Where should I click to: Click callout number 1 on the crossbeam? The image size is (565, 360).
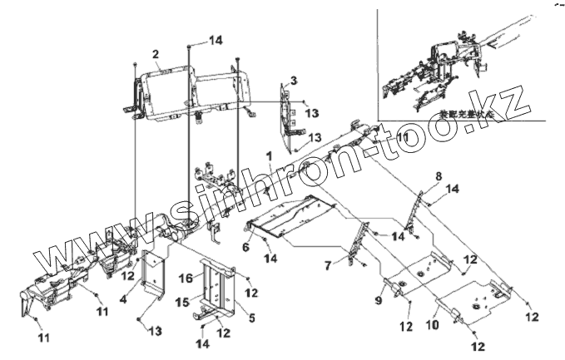[x=269, y=155]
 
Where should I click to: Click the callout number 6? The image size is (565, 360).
[x=246, y=247]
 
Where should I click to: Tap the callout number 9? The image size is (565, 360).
[x=379, y=298]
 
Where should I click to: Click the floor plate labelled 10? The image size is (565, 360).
[x=470, y=303]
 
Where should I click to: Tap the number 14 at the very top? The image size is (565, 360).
[x=216, y=39]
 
